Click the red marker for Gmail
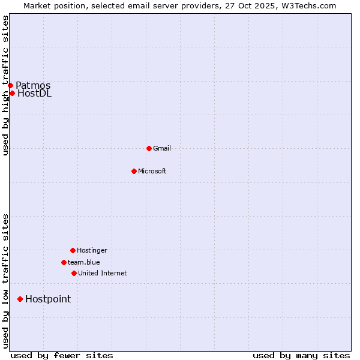149,148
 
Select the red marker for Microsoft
134,171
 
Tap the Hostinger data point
73,250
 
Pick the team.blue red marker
64,262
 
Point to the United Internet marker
74,273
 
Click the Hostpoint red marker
20,299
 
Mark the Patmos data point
10,85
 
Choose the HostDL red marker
12,93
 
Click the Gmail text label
162,148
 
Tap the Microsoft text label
152,171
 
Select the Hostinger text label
92,250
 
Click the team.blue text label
84,262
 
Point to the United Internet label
103,273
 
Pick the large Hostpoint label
48,299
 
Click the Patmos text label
33,85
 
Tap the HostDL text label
35,93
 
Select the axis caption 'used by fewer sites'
62,355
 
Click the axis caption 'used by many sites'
301,355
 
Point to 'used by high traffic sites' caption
5,85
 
